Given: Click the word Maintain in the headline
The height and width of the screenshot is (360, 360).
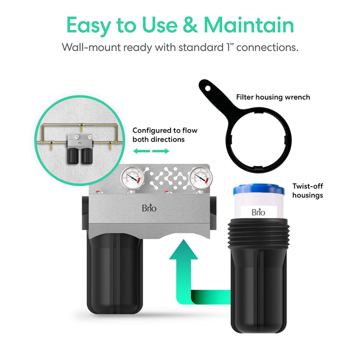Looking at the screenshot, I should [248, 25].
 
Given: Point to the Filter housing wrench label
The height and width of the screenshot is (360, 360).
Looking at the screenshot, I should [273, 97].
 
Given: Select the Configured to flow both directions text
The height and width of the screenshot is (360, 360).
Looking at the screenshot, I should [165, 135].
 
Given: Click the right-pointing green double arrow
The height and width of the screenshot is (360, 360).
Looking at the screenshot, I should [161, 151].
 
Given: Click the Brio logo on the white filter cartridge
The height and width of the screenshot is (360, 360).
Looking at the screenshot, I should [258, 212].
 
